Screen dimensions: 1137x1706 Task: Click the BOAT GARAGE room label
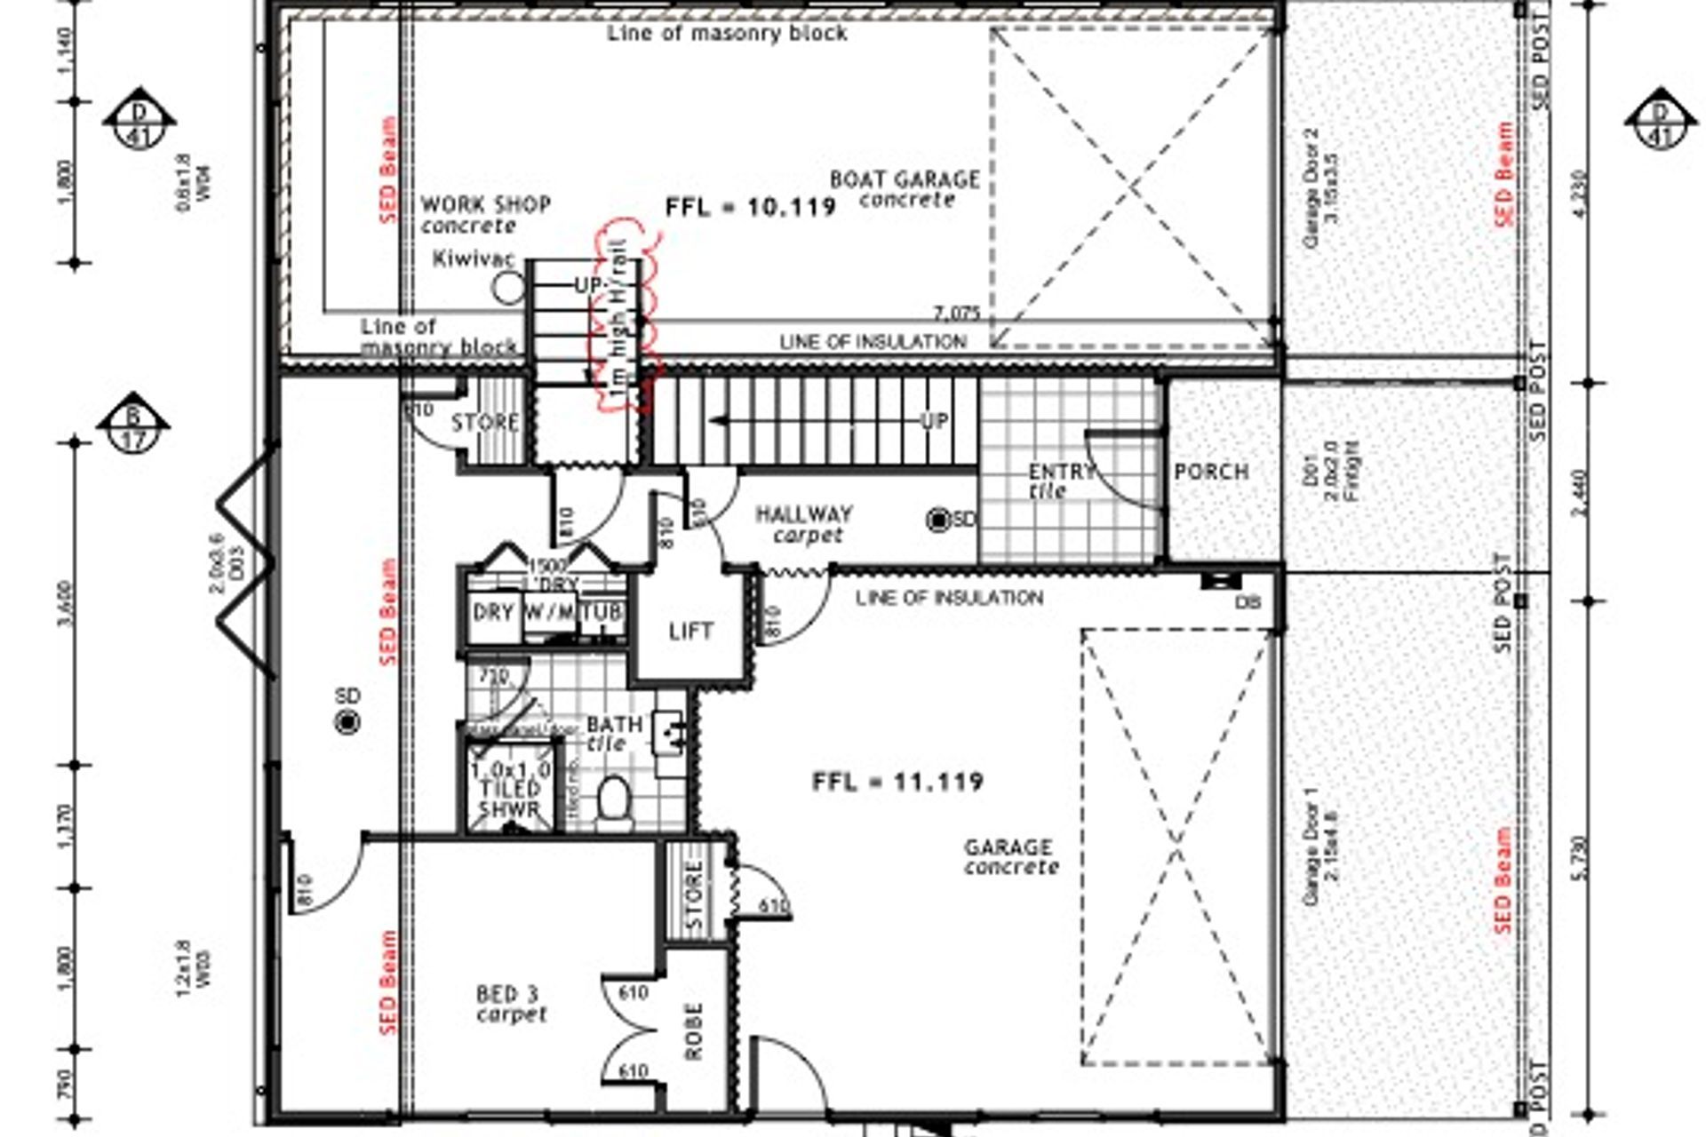905,188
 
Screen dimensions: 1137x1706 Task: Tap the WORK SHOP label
484,214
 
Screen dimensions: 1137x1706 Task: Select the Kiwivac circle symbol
508,287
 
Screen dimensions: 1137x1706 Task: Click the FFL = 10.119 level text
751,207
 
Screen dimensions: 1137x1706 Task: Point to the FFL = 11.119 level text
897,782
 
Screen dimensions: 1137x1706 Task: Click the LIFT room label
690,632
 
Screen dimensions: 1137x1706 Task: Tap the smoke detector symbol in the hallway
938,521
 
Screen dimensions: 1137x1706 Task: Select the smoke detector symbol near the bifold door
348,722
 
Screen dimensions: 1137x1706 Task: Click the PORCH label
1211,472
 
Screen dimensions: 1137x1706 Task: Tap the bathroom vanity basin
668,732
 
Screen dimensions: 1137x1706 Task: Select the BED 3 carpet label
510,1004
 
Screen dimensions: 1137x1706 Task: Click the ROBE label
694,1031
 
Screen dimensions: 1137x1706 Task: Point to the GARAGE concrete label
1010,856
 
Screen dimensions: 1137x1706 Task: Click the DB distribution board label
1248,602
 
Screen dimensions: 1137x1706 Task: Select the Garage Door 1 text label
1319,846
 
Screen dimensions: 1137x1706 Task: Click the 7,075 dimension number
956,314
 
